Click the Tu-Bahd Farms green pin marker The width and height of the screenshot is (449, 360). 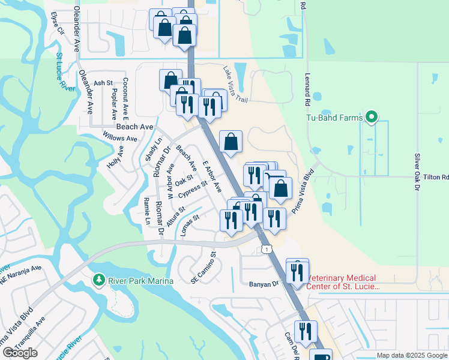(x=372, y=118)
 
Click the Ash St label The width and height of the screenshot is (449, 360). (x=103, y=83)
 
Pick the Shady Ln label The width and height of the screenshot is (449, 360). (x=149, y=149)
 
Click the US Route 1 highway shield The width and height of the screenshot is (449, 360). (x=266, y=248)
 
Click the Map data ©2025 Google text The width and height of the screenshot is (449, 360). (x=412, y=355)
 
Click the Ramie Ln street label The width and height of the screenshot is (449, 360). (x=147, y=211)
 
